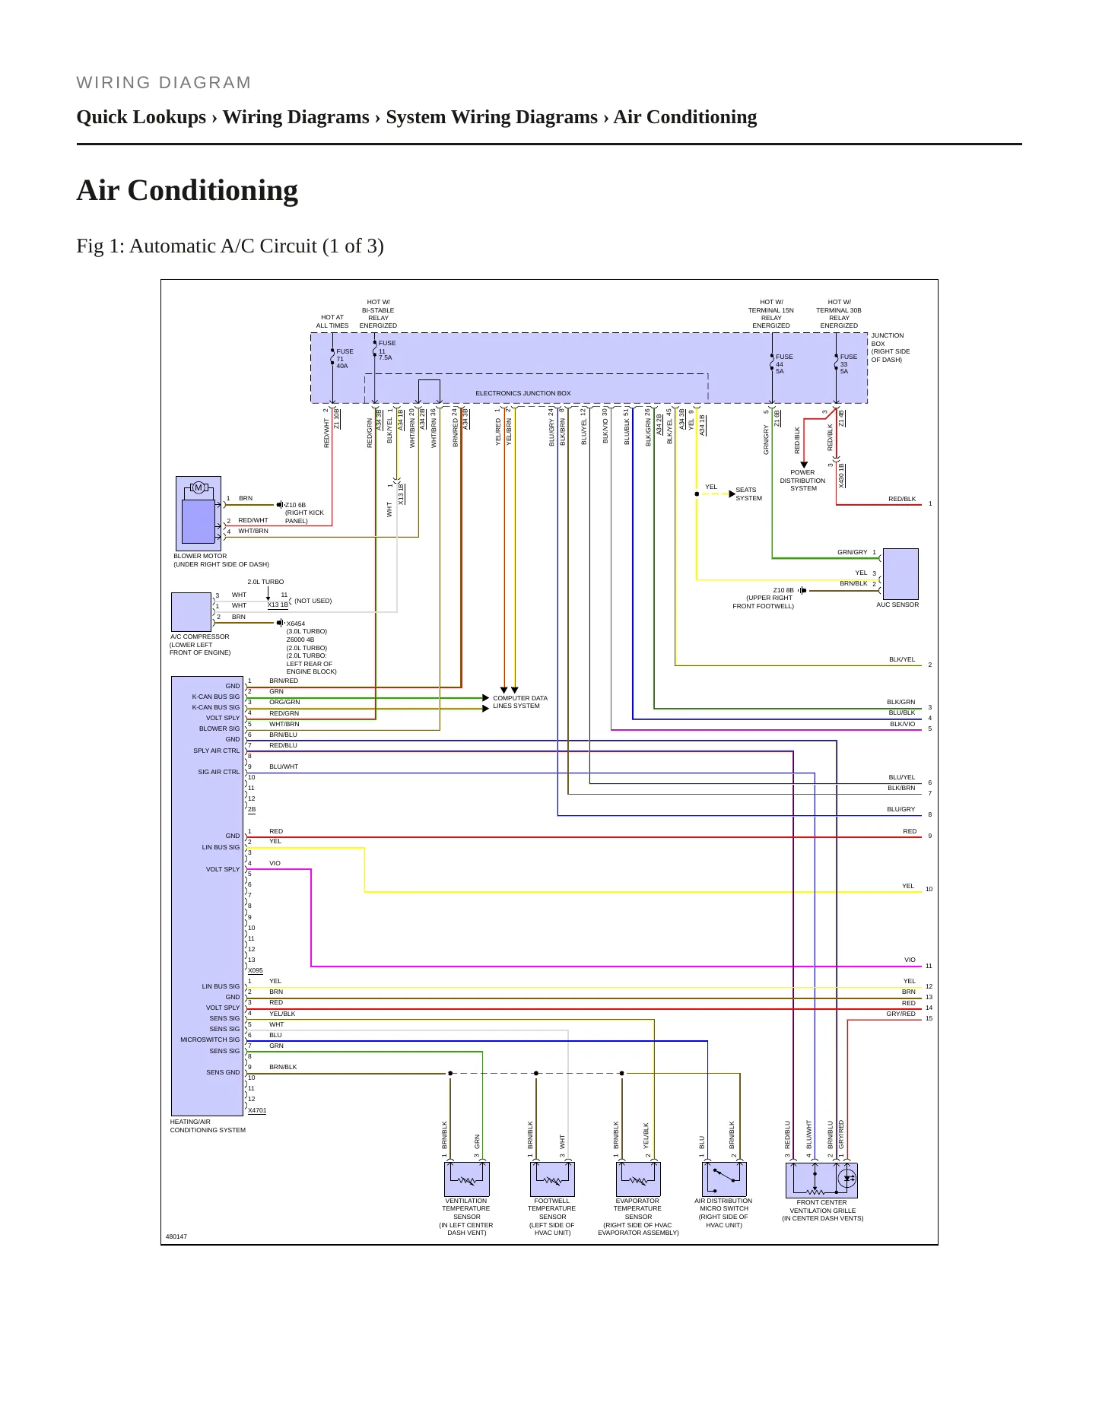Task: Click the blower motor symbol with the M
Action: click(x=199, y=513)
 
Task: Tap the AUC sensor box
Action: click(x=900, y=574)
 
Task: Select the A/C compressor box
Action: click(x=192, y=612)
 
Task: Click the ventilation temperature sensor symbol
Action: click(x=466, y=1179)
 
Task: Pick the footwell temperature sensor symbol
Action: click(x=552, y=1179)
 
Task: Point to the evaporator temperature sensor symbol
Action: click(x=638, y=1179)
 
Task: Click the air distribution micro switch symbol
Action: click(x=724, y=1179)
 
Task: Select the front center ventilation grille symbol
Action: click(x=821, y=1180)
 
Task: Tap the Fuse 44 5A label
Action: click(x=784, y=364)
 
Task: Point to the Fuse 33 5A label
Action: click(x=848, y=364)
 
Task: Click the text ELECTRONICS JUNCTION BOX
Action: click(x=523, y=393)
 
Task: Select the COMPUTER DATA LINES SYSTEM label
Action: click(x=520, y=702)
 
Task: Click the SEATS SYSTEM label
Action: click(x=748, y=494)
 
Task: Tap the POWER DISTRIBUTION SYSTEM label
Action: click(x=802, y=481)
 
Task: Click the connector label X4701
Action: click(x=257, y=1110)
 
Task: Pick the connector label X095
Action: click(x=256, y=970)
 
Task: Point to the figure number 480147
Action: click(x=176, y=1236)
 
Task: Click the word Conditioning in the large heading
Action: click(x=213, y=191)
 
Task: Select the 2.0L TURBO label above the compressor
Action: click(x=265, y=582)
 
